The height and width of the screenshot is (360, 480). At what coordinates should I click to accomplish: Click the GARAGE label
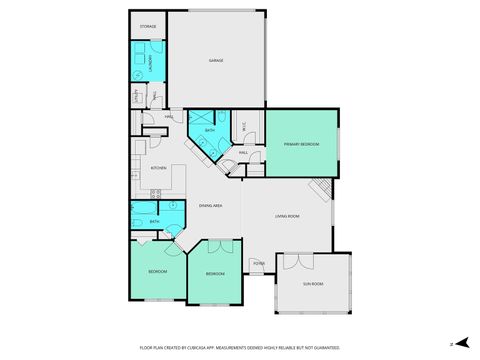click(x=215, y=61)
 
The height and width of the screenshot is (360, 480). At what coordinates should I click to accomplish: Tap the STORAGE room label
click(x=147, y=26)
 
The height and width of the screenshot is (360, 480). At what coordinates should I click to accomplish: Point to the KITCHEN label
click(x=158, y=168)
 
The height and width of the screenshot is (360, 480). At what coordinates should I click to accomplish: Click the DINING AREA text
click(x=210, y=205)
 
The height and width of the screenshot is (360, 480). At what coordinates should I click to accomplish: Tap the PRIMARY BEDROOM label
click(x=301, y=145)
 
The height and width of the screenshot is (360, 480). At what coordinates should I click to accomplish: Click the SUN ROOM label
click(x=313, y=284)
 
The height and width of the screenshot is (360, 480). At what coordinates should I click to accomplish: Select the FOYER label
click(x=258, y=264)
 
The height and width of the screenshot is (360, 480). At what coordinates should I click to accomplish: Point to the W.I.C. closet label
click(x=245, y=127)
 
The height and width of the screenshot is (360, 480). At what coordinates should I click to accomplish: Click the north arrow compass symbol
click(x=452, y=344)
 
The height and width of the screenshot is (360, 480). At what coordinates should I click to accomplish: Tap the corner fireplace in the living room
click(x=321, y=188)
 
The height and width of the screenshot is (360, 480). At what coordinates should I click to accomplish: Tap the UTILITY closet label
click(x=137, y=97)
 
